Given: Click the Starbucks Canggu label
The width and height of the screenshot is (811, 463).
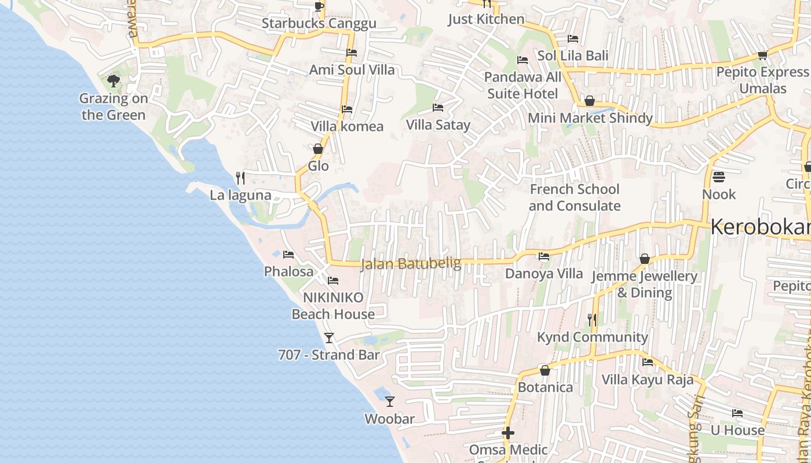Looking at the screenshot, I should (x=319, y=23).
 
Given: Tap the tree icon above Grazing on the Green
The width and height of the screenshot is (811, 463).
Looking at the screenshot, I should (x=114, y=81).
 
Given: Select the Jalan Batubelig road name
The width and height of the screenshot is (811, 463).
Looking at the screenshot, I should (x=411, y=264).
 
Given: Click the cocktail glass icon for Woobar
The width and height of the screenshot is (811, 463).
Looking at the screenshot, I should (x=390, y=401).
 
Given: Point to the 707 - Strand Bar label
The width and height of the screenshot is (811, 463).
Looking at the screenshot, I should (x=328, y=355).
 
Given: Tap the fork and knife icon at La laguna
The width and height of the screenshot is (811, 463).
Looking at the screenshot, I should (x=240, y=178).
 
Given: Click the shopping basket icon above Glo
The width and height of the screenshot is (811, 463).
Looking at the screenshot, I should (x=317, y=149).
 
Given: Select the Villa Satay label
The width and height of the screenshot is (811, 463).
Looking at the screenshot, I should (x=438, y=124).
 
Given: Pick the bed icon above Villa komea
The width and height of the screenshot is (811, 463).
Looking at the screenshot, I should (x=347, y=109).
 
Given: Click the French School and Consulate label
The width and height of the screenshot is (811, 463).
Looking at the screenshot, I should (x=574, y=197).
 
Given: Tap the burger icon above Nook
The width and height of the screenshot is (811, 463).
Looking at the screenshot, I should (x=719, y=177).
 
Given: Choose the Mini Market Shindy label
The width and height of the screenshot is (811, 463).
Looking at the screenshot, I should (x=590, y=118).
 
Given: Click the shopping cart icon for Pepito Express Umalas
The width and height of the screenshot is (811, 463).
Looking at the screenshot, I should (x=762, y=55).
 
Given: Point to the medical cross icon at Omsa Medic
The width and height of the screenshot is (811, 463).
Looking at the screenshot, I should (x=508, y=433).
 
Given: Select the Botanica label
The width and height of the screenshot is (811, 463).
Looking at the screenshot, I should (x=545, y=387).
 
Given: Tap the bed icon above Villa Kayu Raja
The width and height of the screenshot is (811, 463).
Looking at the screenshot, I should (x=648, y=362).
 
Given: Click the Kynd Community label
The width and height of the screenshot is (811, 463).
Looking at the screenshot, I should (x=592, y=337).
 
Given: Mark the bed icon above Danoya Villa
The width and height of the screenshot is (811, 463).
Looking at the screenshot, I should (x=543, y=256).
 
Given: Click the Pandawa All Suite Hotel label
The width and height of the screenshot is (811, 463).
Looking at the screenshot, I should (x=523, y=85).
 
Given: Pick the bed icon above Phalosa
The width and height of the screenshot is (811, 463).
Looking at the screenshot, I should (x=288, y=255).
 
